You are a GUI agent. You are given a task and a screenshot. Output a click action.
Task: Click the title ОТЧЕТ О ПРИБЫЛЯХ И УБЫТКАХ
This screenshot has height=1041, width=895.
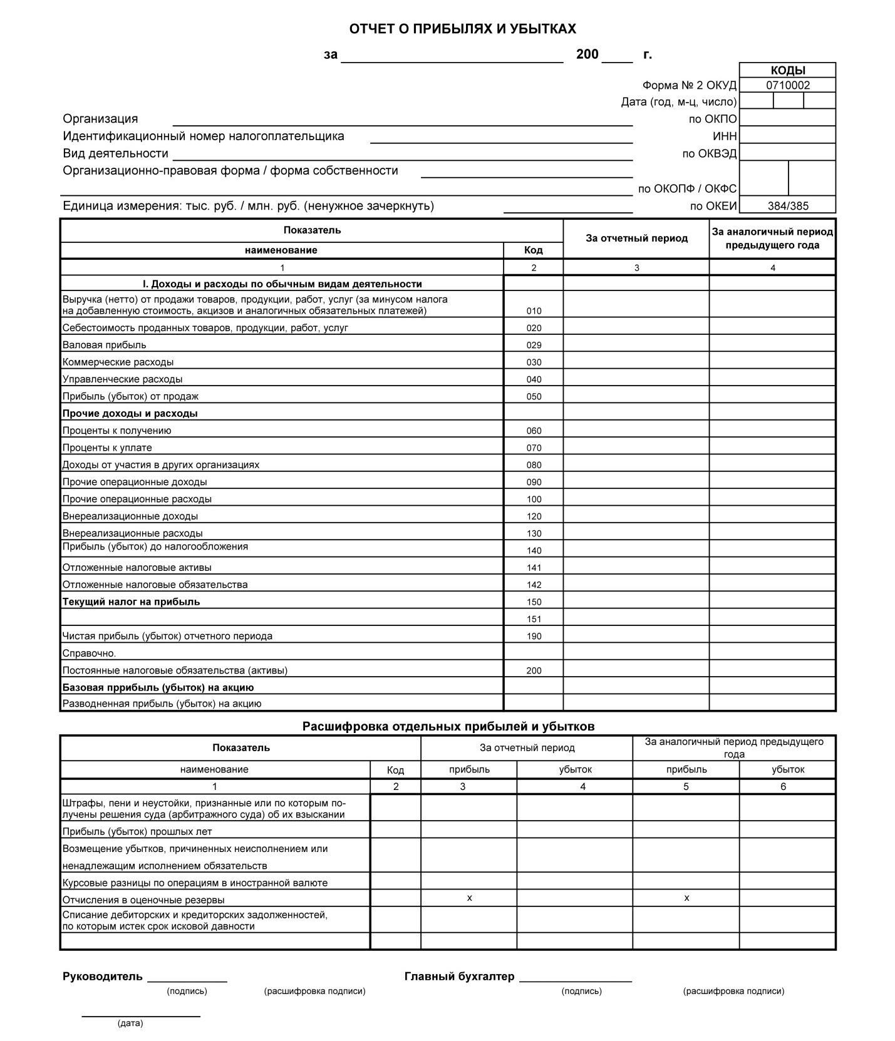click(462, 29)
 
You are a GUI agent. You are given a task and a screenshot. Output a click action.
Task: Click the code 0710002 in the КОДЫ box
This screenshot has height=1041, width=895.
click(787, 86)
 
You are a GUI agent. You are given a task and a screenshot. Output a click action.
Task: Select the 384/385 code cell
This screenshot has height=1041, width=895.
click(787, 206)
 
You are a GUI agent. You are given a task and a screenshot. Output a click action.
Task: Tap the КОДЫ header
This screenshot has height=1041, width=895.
click(787, 71)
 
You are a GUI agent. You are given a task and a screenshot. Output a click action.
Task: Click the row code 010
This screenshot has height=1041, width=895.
click(534, 311)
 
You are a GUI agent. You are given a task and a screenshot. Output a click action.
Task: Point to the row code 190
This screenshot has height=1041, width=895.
click(534, 637)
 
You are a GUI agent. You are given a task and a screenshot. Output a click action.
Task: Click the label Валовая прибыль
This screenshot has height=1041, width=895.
click(104, 345)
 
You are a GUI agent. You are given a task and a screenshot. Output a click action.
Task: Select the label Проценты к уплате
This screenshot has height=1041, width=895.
click(107, 448)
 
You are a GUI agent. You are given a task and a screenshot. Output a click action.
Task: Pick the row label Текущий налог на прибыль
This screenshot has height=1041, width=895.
click(131, 602)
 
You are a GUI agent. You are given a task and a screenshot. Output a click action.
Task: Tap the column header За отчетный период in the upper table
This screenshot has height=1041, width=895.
click(636, 238)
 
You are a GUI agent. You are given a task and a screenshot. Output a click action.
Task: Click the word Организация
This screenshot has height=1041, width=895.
click(100, 119)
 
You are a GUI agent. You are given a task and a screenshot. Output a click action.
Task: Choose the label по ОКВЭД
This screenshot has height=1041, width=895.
click(709, 154)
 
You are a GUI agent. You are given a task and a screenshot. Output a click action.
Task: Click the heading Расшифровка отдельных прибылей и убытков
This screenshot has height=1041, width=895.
click(448, 727)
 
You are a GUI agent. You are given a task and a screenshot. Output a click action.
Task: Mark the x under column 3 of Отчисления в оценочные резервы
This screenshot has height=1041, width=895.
click(469, 898)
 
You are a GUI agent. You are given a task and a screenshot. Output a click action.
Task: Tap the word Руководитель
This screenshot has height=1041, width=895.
click(103, 977)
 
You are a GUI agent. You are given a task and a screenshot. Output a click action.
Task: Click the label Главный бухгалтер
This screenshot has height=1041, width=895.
click(459, 977)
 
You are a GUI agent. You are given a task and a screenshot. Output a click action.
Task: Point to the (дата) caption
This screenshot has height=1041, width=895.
click(130, 1023)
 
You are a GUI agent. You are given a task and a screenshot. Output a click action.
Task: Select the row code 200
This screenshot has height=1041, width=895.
click(534, 671)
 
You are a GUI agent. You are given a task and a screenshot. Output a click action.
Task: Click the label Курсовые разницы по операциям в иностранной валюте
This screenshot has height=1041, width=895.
click(195, 883)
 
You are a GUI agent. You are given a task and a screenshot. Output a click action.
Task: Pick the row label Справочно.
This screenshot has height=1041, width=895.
click(89, 654)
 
